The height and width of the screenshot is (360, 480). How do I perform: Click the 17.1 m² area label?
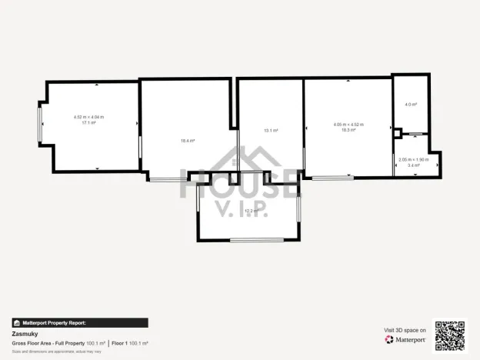click(88, 122)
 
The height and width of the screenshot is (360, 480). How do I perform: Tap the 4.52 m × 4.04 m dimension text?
click(88, 117)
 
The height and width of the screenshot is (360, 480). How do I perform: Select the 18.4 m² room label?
click(188, 141)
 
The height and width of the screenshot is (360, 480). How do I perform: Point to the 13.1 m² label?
click(270, 131)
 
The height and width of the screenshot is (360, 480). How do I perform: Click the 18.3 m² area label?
click(348, 130)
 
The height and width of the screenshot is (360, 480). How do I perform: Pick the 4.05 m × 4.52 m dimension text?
click(348, 125)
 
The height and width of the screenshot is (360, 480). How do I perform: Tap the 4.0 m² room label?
click(411, 105)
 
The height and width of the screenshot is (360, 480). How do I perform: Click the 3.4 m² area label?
click(414, 165)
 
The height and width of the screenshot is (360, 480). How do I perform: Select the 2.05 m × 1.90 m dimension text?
click(414, 159)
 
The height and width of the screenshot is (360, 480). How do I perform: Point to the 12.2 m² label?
click(251, 210)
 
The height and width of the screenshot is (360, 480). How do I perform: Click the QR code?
click(450, 335)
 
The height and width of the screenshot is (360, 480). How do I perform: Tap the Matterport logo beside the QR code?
click(405, 339)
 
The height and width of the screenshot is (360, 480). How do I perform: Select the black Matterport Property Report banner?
click(79, 323)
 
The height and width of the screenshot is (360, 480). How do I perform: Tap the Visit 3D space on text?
click(405, 330)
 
